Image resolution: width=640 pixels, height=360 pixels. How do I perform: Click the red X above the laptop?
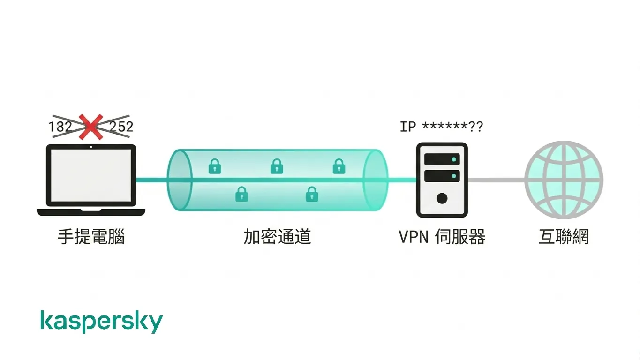[91, 127]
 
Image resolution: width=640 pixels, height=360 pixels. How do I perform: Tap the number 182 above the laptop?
[60, 127]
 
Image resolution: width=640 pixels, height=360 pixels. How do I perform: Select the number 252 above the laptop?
[121, 127]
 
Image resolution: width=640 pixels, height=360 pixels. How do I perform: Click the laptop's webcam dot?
[91, 147]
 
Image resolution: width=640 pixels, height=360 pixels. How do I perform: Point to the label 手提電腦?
[91, 237]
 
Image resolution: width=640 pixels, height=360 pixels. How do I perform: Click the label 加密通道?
[277, 237]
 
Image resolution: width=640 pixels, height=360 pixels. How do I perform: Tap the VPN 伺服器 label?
[442, 237]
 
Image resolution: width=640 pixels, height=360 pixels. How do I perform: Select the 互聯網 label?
[564, 237]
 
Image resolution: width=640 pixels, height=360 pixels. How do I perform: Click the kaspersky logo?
[101, 322]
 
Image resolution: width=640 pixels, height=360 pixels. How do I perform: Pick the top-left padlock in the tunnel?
[215, 166]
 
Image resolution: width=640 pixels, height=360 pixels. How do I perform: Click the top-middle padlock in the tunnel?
[277, 166]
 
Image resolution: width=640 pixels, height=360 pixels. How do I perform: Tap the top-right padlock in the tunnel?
[339, 166]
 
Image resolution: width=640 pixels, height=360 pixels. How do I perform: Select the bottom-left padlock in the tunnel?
[242, 194]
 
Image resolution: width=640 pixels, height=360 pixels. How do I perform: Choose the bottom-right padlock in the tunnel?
[312, 194]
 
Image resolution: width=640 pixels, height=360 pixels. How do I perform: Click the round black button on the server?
[442, 198]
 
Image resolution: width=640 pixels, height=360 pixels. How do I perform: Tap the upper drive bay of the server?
[442, 159]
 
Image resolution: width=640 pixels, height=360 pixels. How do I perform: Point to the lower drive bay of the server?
[442, 176]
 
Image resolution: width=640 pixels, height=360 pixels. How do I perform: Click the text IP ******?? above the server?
[441, 127]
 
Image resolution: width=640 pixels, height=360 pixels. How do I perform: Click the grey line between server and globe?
[497, 180]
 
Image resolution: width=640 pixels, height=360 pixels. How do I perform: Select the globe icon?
[564, 180]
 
